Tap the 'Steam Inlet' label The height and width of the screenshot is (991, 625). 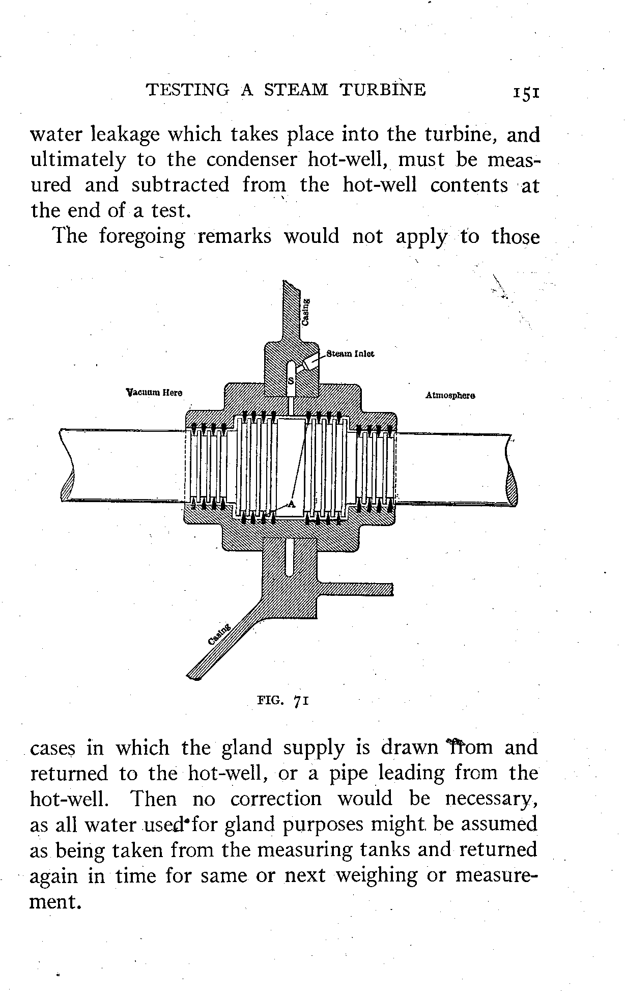tap(350, 353)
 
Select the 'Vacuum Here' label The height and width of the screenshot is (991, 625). tap(154, 393)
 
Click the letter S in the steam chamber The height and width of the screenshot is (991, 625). tap(291, 381)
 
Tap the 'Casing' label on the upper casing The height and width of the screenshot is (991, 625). tap(305, 312)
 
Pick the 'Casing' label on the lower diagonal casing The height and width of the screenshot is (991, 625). tap(220, 634)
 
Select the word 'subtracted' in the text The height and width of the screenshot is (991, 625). tap(181, 185)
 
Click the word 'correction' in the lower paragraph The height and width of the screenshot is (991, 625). tap(276, 799)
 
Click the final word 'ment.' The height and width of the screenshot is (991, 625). tap(56, 902)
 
